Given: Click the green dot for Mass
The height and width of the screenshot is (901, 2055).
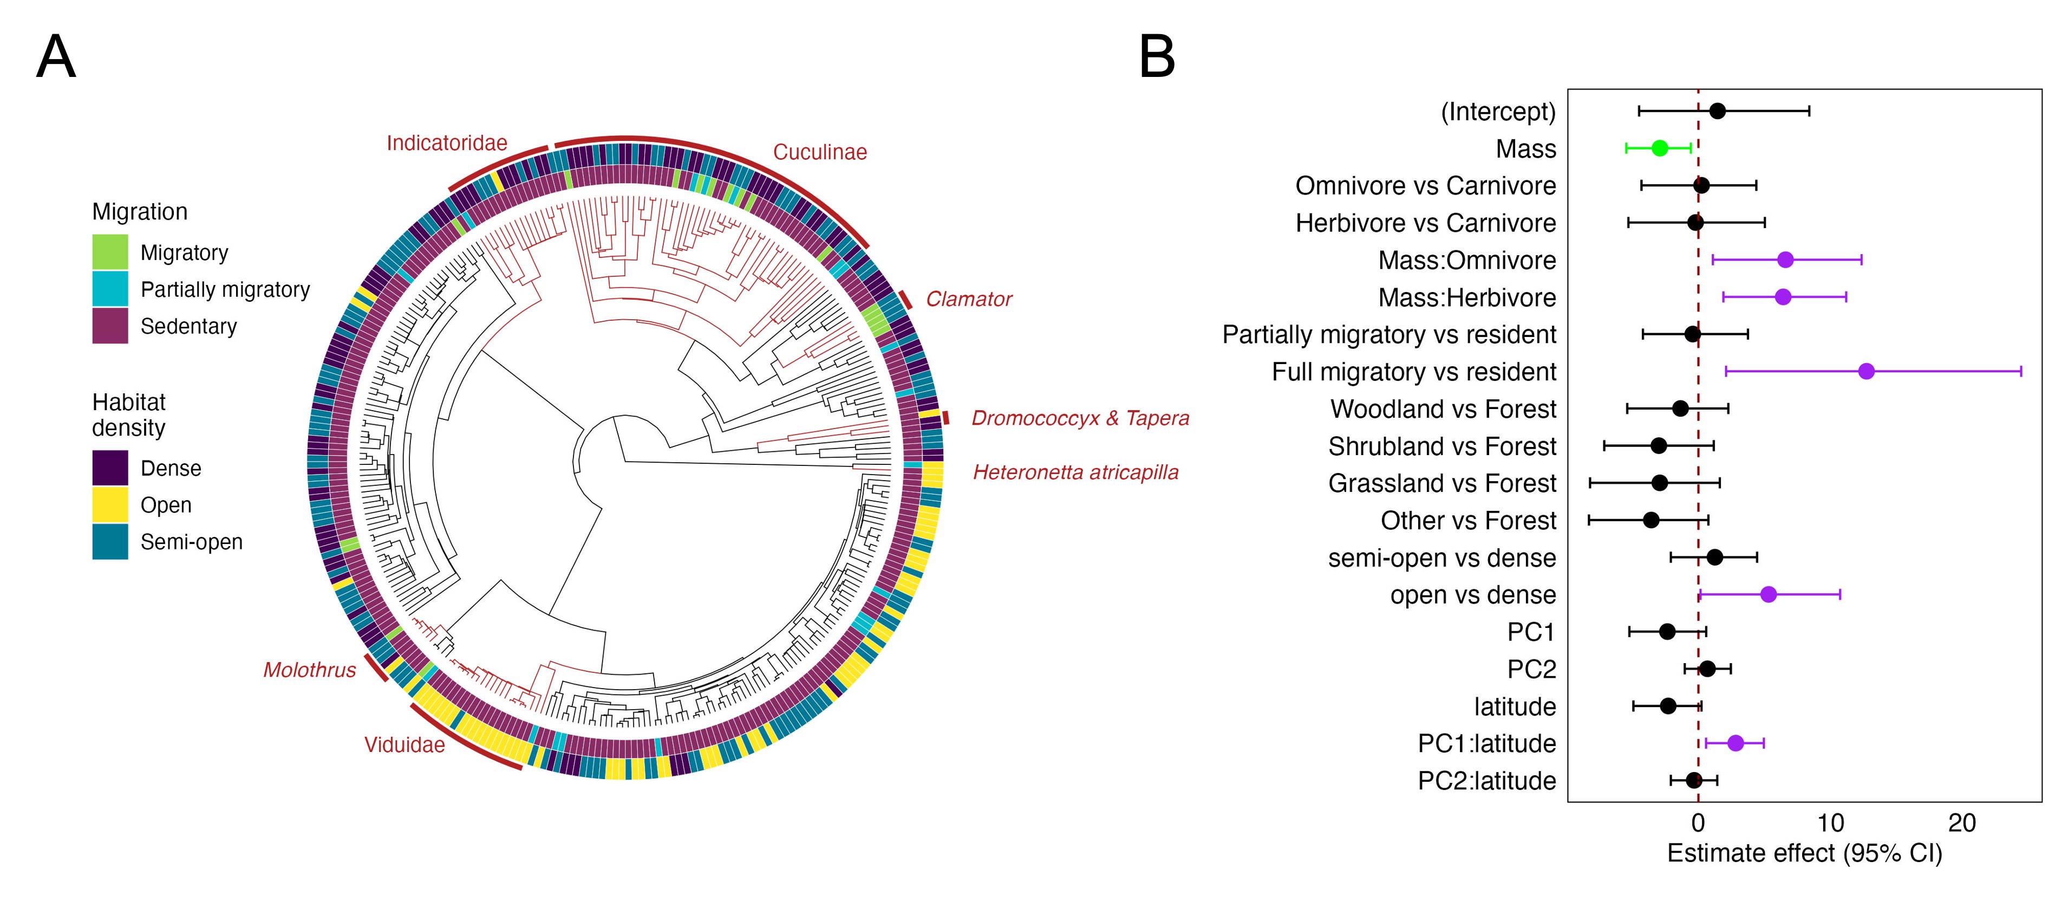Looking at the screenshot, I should (x=1659, y=148).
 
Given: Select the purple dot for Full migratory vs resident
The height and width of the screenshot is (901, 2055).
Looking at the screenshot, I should (x=1866, y=371).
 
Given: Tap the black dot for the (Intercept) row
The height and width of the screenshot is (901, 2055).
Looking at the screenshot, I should (x=1718, y=111).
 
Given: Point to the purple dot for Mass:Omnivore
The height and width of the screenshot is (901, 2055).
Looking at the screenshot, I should (x=1785, y=260).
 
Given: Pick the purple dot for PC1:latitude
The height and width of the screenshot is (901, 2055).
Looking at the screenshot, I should (x=1735, y=743).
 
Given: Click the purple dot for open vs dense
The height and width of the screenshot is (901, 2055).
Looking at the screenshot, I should (x=1769, y=594).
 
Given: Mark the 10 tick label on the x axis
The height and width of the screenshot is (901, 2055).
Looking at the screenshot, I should (x=1830, y=823).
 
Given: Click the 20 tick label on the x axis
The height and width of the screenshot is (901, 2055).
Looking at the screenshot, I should (x=1962, y=823).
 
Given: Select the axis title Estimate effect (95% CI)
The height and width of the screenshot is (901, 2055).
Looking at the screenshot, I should (x=1804, y=853).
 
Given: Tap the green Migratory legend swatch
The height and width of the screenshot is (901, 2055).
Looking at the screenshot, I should (x=110, y=252).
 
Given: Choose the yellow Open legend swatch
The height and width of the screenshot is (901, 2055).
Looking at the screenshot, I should (x=110, y=505).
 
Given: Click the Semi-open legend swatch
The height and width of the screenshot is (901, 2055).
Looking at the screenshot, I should (x=110, y=542).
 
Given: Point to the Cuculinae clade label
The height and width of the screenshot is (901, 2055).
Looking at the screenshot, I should (x=819, y=152).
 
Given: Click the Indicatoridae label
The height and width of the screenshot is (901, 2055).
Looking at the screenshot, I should (x=447, y=143).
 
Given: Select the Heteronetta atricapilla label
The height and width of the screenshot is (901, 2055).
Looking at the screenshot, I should (x=1075, y=472).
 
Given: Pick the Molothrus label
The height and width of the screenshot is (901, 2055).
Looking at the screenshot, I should (x=310, y=670).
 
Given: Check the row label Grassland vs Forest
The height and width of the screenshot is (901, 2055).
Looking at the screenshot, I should (x=1441, y=483).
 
